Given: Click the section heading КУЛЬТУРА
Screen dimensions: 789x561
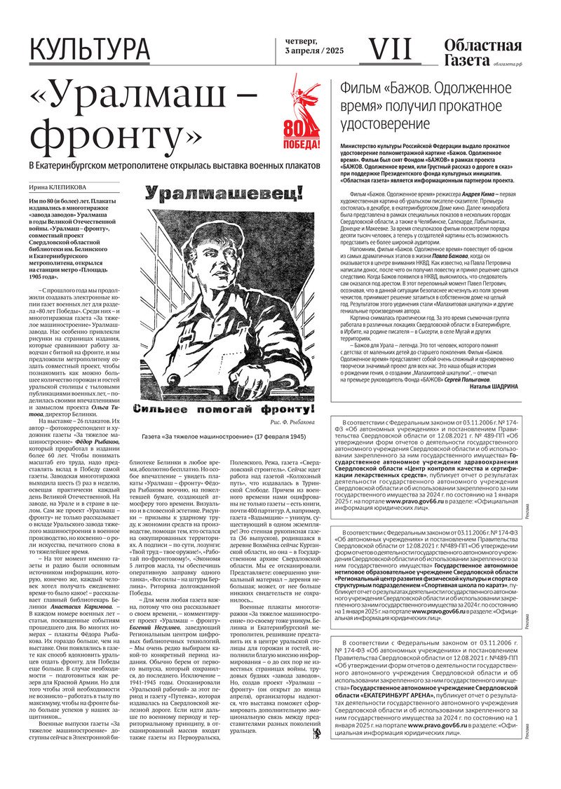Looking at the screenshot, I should [x=90, y=50].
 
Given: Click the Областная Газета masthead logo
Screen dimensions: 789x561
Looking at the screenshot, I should [x=482, y=51].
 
